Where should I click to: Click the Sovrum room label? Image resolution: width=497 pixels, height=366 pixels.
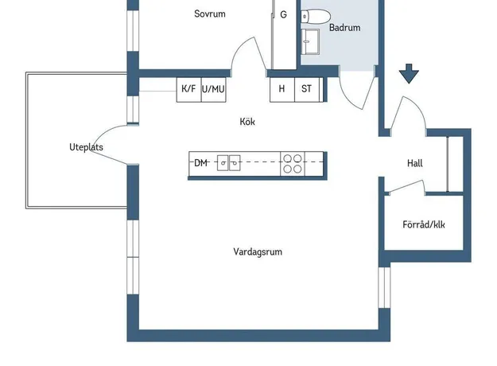coord(210,14)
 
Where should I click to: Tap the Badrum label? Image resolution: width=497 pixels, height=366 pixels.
coord(345,28)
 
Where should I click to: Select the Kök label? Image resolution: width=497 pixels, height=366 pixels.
coord(247,122)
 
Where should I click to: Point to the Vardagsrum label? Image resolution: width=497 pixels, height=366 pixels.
coord(258,251)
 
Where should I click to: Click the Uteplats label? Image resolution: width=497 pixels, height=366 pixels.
coord(86,148)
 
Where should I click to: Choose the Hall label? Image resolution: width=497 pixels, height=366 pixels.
coord(414,163)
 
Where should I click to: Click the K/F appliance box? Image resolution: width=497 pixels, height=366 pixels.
coord(188,89)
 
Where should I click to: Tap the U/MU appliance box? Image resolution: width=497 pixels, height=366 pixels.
coord(213,89)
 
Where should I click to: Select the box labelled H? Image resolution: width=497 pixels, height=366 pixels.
coord(282,89)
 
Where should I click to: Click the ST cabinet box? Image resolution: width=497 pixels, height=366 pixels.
coord(307,89)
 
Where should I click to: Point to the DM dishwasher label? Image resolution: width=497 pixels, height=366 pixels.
coord(200,163)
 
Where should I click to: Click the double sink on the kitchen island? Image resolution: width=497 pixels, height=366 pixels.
coord(230,163)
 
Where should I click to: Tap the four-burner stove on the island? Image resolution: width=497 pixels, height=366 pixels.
coord(292,163)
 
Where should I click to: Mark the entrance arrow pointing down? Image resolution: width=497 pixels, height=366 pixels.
coord(409,74)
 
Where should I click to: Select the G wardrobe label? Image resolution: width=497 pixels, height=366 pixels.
coord(283,14)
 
